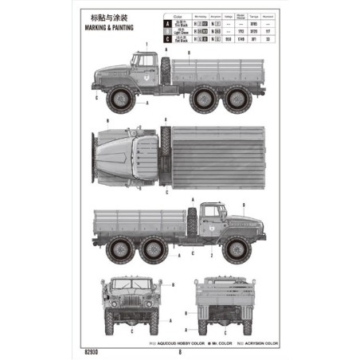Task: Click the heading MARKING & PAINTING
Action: tap(108, 27)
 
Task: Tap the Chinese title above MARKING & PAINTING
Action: tap(108, 16)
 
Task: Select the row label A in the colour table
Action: tap(166, 23)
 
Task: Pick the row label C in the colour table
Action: tap(166, 37)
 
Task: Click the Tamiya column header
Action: tap(254, 15)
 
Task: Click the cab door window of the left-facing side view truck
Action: tap(145, 62)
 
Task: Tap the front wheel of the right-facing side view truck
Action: tap(233, 249)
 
